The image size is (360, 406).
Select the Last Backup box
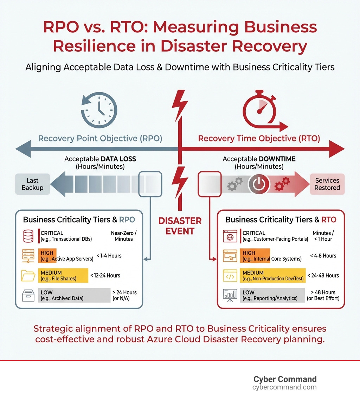(x=32, y=184)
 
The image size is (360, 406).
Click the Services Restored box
(x=327, y=184)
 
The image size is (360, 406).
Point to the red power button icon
(x=259, y=184)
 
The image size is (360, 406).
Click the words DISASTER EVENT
(x=180, y=226)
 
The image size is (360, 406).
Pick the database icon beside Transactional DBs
(x=28, y=236)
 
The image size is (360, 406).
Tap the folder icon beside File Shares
(x=28, y=275)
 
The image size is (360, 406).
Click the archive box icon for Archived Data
(x=28, y=295)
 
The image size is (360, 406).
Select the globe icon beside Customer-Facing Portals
(x=230, y=236)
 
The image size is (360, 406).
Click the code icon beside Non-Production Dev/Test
(x=230, y=276)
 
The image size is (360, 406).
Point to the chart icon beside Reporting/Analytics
(x=230, y=296)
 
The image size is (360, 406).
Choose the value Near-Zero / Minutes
(x=124, y=236)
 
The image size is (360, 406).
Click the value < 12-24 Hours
(x=105, y=275)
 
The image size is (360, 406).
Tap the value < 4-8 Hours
(x=323, y=256)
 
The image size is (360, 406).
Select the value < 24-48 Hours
(x=323, y=275)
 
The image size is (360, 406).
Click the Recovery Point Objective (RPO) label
(x=100, y=138)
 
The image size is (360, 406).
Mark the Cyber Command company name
(x=285, y=379)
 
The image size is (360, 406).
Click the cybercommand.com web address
(x=284, y=387)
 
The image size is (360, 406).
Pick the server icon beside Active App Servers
(x=28, y=256)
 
